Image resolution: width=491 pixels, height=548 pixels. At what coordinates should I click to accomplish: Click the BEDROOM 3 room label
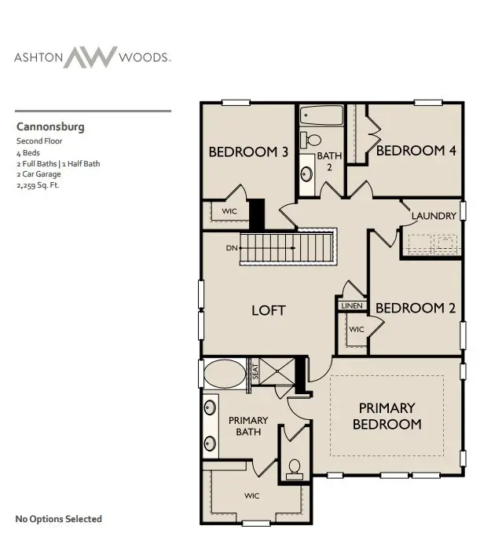coord(247,152)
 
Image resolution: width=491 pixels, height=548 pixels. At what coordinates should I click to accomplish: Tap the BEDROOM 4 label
coord(416,151)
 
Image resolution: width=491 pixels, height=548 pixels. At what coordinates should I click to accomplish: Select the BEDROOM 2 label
coord(415,309)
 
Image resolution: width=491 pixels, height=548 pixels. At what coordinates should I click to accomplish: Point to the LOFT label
coord(268,310)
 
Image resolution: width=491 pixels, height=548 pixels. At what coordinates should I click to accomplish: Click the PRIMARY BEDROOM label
coord(387,416)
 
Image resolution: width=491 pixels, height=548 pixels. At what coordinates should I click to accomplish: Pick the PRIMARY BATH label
coord(248,426)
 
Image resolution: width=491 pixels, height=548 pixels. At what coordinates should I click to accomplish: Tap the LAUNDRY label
coord(434,216)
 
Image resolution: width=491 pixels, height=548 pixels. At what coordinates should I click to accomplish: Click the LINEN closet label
coord(350,305)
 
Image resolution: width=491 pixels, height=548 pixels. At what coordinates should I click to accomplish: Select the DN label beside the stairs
coord(232,248)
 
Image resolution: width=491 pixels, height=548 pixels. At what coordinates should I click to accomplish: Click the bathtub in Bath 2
coord(321,117)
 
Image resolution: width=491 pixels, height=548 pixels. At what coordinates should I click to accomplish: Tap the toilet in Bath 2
coord(313,140)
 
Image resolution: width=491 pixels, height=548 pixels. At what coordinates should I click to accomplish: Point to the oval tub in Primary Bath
coord(224,371)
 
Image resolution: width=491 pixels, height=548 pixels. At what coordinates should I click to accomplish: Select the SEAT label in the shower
coord(255,371)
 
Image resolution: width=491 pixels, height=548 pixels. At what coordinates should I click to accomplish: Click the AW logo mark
coord(90,57)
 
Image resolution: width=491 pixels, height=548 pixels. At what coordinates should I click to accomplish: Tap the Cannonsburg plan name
coord(50,126)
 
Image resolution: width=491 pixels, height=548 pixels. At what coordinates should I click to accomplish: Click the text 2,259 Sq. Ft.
coord(38,186)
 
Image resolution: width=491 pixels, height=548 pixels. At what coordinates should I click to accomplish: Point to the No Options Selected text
coord(59,519)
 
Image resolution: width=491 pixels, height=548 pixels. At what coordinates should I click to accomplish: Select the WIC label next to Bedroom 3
coord(229,211)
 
